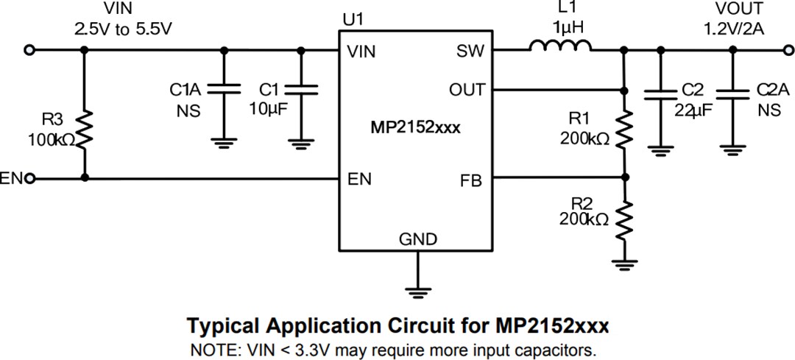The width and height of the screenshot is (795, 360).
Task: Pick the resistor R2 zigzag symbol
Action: tap(624, 217)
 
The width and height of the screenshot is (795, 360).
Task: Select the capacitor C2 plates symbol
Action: tap(660, 94)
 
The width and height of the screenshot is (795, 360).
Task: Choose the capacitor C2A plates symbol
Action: tap(732, 94)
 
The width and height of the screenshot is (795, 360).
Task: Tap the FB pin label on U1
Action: tap(472, 180)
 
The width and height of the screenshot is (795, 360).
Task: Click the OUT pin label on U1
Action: tap(467, 91)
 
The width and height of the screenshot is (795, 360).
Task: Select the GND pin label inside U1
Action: tap(417, 239)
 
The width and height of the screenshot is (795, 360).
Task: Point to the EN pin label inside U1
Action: tap(360, 179)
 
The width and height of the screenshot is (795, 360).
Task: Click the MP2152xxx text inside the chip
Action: tap(416, 127)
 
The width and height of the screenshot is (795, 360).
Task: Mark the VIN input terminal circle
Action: tap(29, 50)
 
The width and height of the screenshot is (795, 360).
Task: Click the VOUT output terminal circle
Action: tap(785, 50)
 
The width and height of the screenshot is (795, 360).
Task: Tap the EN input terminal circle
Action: tap(29, 178)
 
